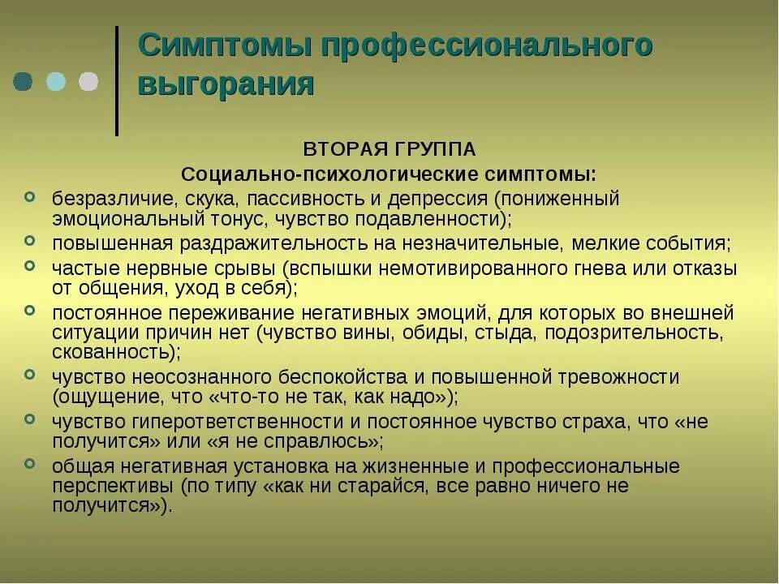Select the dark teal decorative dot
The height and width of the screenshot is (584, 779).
[x=24, y=81]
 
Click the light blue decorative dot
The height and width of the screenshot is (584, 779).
[x=56, y=81]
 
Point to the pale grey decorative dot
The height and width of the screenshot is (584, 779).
[x=88, y=81]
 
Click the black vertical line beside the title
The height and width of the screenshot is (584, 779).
[x=117, y=81]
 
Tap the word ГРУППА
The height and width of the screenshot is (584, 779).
[x=433, y=150]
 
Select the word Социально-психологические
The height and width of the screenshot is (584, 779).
[x=320, y=174]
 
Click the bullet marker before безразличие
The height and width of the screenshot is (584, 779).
[x=30, y=196]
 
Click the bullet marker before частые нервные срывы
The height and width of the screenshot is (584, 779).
[x=30, y=264]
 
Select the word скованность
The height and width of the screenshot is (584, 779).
[x=112, y=353]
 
